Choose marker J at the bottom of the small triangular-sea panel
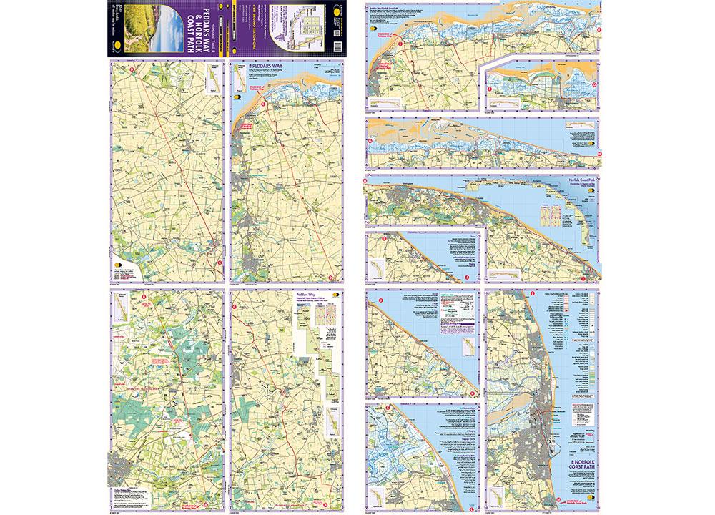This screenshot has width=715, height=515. [466, 278]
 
